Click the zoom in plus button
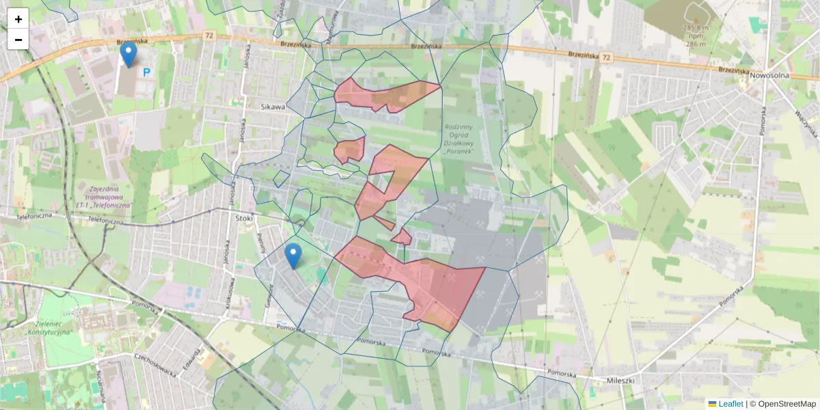(18, 19)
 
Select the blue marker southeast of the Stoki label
(293, 256)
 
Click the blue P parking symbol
(146, 72)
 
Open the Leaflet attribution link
(730, 404)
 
